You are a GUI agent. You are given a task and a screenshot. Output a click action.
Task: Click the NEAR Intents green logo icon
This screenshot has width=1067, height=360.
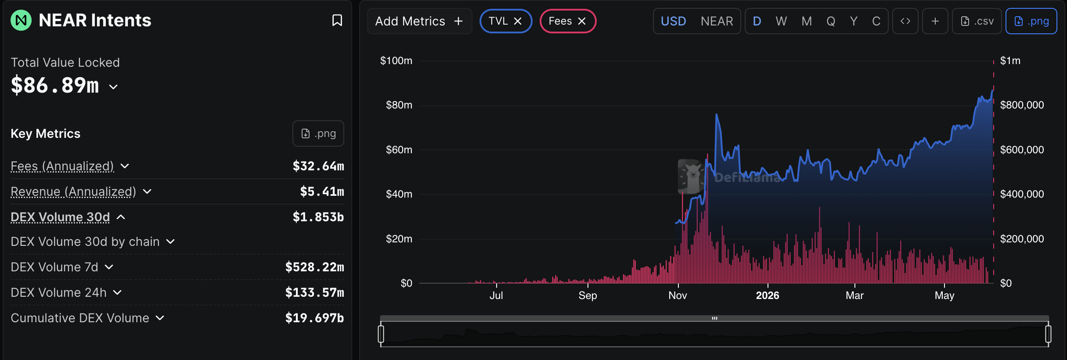(x=21, y=20)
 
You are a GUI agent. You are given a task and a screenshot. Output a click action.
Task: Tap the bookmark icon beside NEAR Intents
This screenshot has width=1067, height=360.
(x=337, y=20)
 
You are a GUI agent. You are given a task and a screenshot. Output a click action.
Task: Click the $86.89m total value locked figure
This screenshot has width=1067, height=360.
(x=55, y=85)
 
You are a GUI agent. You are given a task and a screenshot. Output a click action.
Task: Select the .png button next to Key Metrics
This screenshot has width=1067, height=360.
(x=318, y=133)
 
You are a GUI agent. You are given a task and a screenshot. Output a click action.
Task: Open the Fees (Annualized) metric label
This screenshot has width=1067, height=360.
(x=62, y=166)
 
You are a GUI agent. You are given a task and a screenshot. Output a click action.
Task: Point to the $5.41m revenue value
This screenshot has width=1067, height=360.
(x=322, y=191)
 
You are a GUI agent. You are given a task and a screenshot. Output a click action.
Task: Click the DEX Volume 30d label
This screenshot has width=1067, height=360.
(x=60, y=217)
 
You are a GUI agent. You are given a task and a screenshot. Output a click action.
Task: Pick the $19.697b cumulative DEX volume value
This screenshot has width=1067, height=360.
(x=314, y=318)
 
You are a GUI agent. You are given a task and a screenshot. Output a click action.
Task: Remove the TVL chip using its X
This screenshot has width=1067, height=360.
(x=518, y=21)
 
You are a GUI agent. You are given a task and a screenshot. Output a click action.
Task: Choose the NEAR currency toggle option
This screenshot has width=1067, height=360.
(x=717, y=21)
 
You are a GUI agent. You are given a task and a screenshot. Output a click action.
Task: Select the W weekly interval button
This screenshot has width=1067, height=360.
(x=781, y=21)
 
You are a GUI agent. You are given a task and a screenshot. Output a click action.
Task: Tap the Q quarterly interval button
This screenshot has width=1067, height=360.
(x=830, y=21)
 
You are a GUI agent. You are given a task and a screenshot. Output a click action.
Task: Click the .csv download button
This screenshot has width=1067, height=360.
(x=977, y=21)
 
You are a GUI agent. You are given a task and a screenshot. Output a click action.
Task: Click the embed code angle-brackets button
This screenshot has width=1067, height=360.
(x=905, y=21)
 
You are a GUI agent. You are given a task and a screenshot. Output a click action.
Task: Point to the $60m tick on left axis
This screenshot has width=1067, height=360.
(x=399, y=150)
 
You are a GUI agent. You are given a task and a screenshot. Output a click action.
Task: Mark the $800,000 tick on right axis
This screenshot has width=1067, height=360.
(x=1022, y=105)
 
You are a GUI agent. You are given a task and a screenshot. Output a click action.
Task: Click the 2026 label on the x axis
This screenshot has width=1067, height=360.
(x=768, y=295)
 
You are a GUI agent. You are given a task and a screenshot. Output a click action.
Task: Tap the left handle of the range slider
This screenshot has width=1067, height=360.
(x=381, y=334)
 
